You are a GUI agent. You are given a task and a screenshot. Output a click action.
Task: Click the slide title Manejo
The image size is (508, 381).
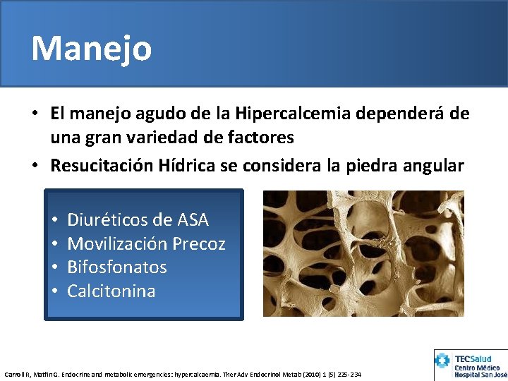coord(91,49)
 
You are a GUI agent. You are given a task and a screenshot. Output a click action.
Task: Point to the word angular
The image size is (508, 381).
coord(433,166)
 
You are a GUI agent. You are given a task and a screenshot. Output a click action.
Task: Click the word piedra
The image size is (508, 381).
coord(375,166)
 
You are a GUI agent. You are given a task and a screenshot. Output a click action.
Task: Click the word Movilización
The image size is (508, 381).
coord(117,244)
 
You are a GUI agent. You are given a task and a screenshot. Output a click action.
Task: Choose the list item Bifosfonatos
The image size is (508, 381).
coord(117,267)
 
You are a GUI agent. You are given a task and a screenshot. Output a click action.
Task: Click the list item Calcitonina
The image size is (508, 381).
coord(111,291)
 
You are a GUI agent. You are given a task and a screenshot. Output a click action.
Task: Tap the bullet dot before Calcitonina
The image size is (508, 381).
coord(54,291)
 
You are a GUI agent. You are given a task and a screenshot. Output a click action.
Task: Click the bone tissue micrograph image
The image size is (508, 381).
coord(363,253)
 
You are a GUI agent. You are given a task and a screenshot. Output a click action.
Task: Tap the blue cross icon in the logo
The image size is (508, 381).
coord(443,361)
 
